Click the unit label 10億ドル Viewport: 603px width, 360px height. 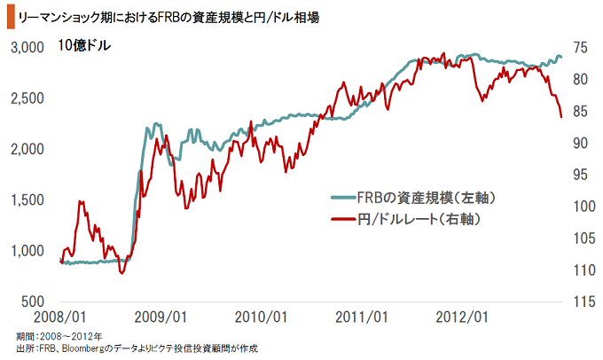pyautogui.click(x=85, y=46)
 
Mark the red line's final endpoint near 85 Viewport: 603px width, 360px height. pyautogui.click(x=560, y=117)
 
